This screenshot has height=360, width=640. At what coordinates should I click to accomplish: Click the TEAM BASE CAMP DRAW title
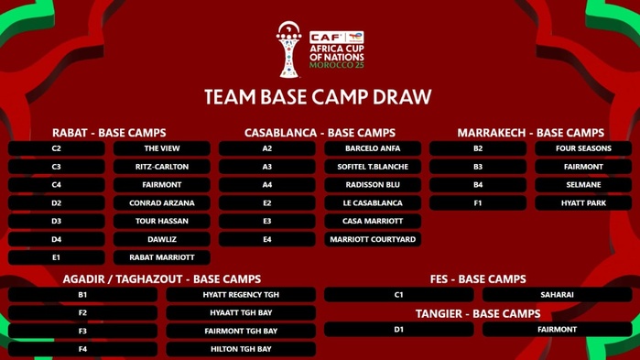point(318,97)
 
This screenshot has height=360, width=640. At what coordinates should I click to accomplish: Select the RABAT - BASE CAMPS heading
point(109,133)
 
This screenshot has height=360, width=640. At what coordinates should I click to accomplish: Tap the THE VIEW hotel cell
point(162,148)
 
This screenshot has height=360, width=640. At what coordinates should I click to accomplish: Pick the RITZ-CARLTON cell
point(162,167)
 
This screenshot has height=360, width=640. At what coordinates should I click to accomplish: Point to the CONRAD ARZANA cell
point(162,203)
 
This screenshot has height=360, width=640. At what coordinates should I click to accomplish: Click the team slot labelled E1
point(57,257)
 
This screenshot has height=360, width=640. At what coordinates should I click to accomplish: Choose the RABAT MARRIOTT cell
point(162,257)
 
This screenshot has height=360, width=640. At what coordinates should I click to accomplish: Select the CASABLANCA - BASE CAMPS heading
point(320,133)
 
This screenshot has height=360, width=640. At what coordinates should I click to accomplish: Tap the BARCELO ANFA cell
point(373,148)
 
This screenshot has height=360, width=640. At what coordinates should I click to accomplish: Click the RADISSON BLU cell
point(373,185)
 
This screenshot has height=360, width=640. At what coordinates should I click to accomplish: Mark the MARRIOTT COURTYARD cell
point(373,239)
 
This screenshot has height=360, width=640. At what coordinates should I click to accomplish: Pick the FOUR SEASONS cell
point(583,148)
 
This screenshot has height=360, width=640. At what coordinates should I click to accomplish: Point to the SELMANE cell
point(583,185)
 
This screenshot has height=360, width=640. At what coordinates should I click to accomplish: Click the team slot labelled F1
point(478,203)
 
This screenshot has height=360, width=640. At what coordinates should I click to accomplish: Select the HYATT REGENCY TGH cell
point(241,295)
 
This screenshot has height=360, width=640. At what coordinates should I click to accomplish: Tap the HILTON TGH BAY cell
point(241,349)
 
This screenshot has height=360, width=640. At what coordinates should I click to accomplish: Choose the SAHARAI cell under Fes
point(557,295)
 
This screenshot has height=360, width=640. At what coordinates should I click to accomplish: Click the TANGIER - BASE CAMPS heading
point(478,313)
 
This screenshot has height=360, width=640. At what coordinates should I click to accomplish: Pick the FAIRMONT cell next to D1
point(557,330)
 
